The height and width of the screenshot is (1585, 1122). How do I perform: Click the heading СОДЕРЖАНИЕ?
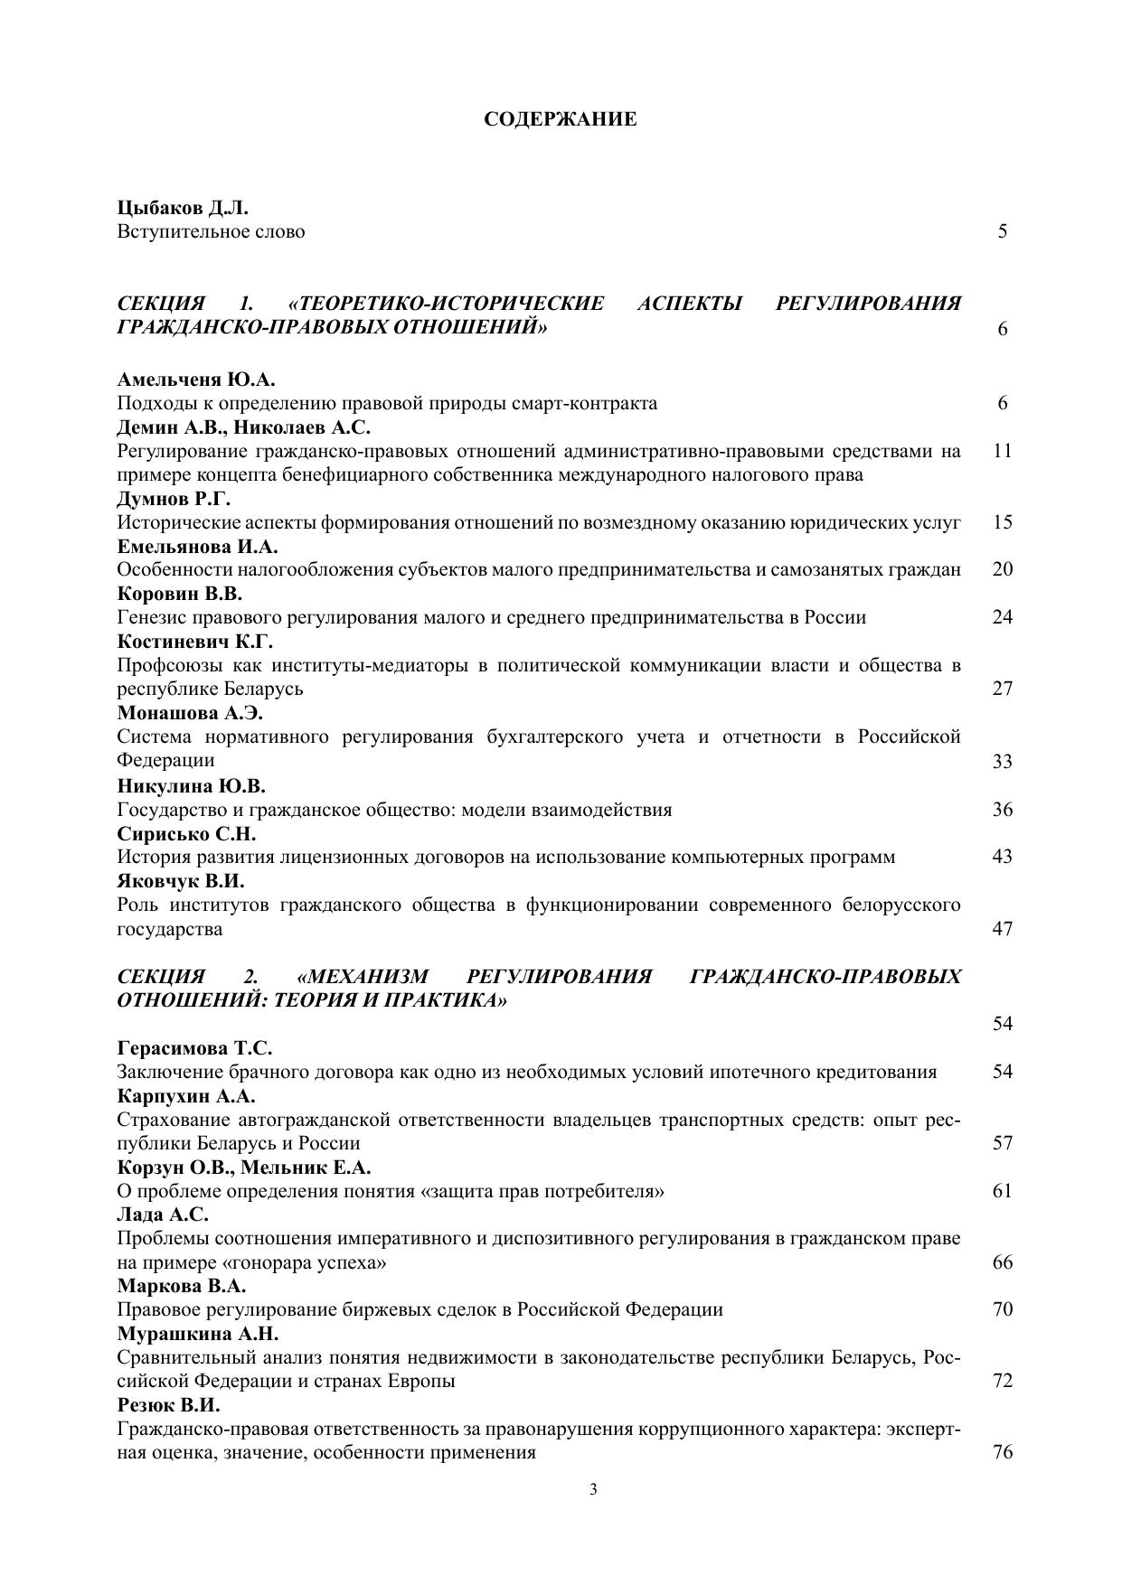(x=560, y=119)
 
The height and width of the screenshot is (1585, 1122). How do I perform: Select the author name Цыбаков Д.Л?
(x=183, y=208)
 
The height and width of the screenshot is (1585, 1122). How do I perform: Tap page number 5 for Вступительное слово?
(x=1003, y=231)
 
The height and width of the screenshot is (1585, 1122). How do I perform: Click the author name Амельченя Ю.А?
(x=196, y=380)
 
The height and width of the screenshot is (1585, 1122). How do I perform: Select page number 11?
(x=1002, y=450)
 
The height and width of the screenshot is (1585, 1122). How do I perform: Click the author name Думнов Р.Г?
(x=174, y=499)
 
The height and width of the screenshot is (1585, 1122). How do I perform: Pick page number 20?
(x=1002, y=569)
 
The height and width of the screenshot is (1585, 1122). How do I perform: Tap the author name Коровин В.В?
(x=180, y=594)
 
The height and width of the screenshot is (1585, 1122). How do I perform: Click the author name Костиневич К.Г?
(x=195, y=642)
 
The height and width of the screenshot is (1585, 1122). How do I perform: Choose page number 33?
(x=1002, y=762)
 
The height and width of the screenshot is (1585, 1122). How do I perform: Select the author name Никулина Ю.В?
(x=192, y=785)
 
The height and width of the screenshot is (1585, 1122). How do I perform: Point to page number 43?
(x=1002, y=857)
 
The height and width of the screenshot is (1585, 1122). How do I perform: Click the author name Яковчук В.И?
(x=181, y=880)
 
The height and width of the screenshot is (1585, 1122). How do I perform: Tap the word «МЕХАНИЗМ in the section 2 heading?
(x=363, y=977)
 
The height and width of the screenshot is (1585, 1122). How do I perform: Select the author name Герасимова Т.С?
(x=195, y=1048)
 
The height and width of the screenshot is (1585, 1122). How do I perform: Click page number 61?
(x=1002, y=1191)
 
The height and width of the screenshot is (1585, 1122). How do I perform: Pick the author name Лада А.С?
(x=163, y=1215)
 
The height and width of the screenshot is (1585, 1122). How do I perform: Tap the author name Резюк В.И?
(x=169, y=1406)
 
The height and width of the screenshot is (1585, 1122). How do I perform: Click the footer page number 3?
(x=593, y=1490)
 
